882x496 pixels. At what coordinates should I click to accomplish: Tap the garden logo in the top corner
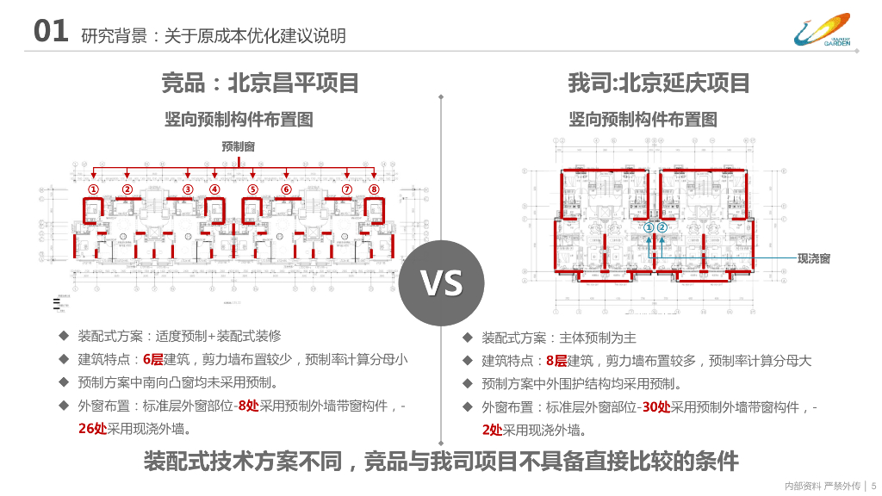click(822, 31)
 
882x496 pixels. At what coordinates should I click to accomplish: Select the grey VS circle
click(441, 282)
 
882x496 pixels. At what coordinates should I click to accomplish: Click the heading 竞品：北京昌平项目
click(260, 84)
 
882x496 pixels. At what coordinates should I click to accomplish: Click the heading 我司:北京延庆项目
click(659, 84)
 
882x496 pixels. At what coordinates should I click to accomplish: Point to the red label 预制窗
click(238, 147)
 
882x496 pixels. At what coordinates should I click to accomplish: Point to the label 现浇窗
click(814, 258)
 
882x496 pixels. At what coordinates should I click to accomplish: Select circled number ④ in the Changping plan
click(214, 189)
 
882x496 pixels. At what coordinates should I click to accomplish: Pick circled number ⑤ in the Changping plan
click(252, 189)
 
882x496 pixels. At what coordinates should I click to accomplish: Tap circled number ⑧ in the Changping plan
click(374, 189)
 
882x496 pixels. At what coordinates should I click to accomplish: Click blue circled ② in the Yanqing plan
click(662, 227)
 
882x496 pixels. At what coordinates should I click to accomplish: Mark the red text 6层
click(152, 359)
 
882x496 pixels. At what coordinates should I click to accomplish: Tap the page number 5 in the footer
click(873, 486)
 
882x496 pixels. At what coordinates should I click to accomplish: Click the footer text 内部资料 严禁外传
click(818, 486)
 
